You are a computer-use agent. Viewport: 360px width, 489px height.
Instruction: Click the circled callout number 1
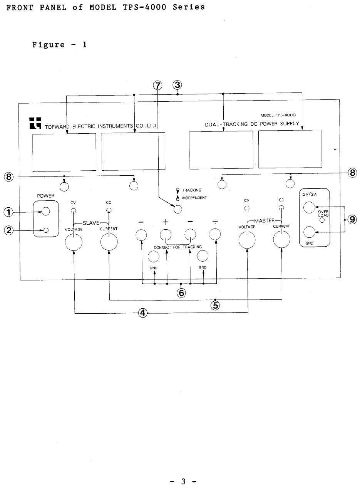pyautogui.click(x=8, y=211)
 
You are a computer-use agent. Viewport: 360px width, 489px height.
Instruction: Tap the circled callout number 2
pyautogui.click(x=8, y=230)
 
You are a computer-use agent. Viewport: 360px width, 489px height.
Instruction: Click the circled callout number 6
pyautogui.click(x=181, y=292)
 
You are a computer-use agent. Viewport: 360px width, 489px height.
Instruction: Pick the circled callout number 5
pyautogui.click(x=215, y=306)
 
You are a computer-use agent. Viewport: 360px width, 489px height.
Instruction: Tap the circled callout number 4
pyautogui.click(x=143, y=313)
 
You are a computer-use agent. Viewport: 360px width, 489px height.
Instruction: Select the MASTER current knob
pyautogui.click(x=282, y=242)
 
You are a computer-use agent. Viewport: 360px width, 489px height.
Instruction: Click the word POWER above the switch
pyautogui.click(x=45, y=196)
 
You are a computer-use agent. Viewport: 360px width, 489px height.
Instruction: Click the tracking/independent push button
pyautogui.click(x=177, y=209)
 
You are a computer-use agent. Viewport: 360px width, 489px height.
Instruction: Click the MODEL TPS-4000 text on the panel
pyautogui.click(x=278, y=115)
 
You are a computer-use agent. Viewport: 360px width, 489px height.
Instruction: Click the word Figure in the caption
pyautogui.click(x=48, y=44)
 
